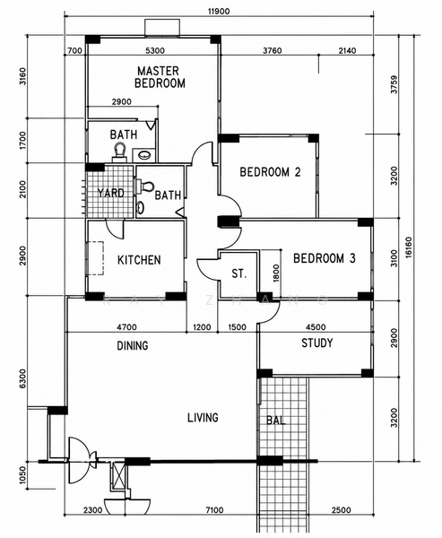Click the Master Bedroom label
[x=160, y=77]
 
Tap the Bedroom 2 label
[x=270, y=172]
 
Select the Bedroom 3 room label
[x=325, y=258]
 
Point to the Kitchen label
[x=139, y=260]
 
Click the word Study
[x=317, y=343]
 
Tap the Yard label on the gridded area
[x=110, y=193]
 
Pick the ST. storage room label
[x=238, y=273]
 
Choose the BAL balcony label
[x=276, y=421]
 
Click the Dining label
[x=133, y=345]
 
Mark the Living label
[x=203, y=418]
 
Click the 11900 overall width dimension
[x=219, y=12]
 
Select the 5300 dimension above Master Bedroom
[x=155, y=51]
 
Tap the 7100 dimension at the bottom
[x=214, y=510]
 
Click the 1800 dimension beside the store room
[x=277, y=273]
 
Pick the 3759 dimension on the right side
[x=394, y=84]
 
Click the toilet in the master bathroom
[x=120, y=152]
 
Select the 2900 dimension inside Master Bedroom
[x=121, y=101]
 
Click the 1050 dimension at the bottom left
[x=22, y=476]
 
